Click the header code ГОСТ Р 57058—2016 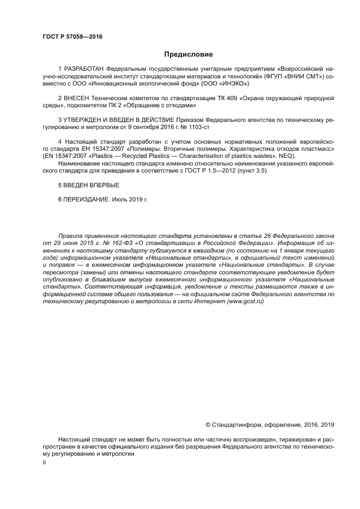[72, 37]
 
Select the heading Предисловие [188, 54]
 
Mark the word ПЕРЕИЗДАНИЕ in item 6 [86, 199]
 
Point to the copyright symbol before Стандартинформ [208, 425]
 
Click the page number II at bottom [44, 462]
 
